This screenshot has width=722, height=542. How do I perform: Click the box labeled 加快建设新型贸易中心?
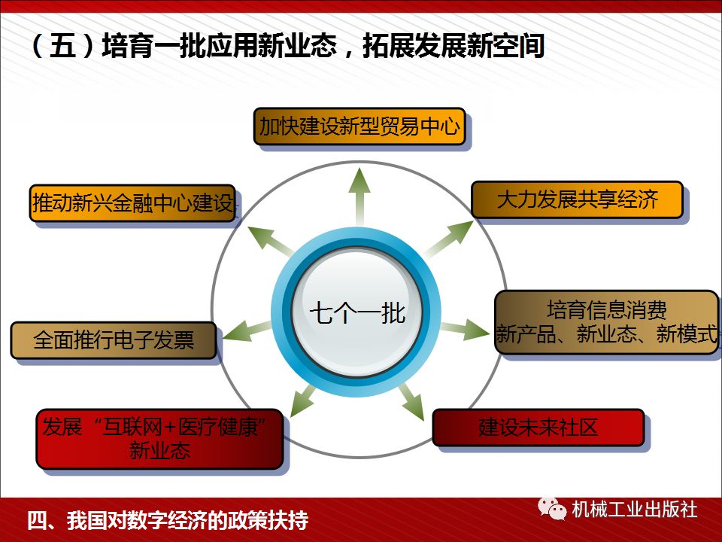pyautogui.click(x=359, y=126)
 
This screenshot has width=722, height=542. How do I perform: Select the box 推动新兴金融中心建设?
pyautogui.click(x=132, y=204)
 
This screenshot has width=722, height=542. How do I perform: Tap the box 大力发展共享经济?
pyautogui.click(x=577, y=199)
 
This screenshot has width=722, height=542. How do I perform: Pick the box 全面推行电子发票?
pyautogui.click(x=114, y=340)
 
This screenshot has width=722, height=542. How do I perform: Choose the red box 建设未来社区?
pyautogui.click(x=538, y=428)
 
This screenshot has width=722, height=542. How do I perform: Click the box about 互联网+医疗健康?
pyautogui.click(x=159, y=439)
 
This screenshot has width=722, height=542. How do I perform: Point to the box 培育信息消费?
pyautogui.click(x=606, y=323)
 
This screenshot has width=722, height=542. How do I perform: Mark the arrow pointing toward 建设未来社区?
pyautogui.click(x=413, y=399)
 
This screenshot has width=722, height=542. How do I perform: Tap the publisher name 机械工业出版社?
pyautogui.click(x=634, y=510)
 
